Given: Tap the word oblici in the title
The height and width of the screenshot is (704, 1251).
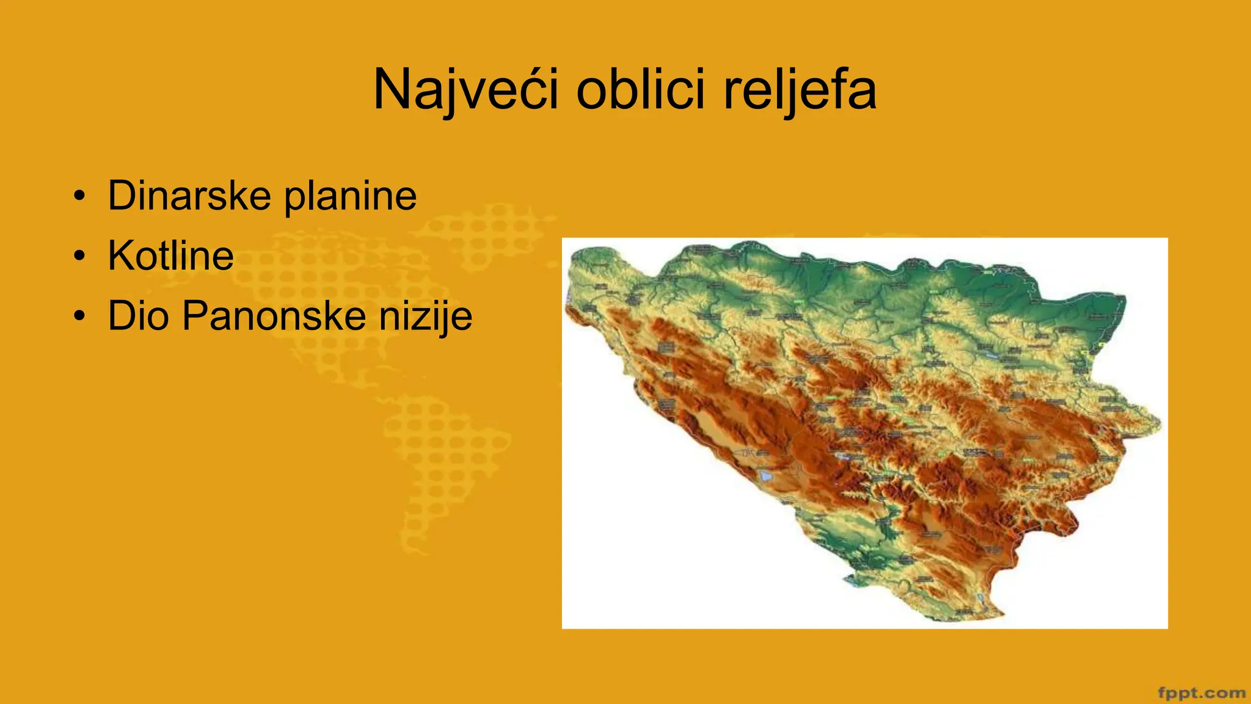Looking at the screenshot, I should pos(643,90).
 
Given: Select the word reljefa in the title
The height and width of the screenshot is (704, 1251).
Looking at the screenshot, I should pos(800,90).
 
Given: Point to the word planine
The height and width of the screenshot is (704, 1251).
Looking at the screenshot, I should pos(351,197).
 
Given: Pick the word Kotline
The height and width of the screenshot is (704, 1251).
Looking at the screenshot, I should pos(171,255).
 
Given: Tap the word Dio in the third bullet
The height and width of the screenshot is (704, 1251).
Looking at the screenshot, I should pos(138,315).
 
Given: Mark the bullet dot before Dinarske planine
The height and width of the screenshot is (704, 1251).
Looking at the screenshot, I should pos(79,197).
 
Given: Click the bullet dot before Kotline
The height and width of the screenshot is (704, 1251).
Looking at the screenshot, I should pos(79,257).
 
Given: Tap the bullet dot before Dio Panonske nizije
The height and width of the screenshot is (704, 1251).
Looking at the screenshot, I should pos(79,317).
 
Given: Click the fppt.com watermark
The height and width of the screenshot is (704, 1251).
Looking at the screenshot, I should pos(1201,693).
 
